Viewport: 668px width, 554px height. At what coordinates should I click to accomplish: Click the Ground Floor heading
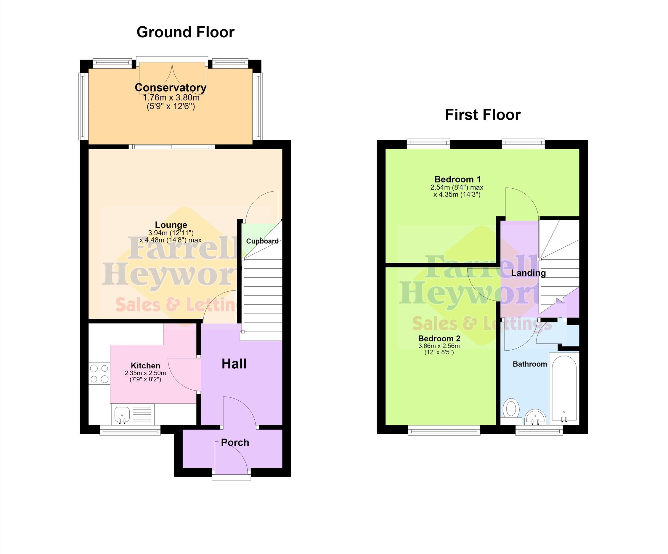pos(185,32)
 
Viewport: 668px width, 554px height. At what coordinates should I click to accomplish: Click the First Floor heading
pos(483,115)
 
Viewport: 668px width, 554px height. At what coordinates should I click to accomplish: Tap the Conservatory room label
pos(171,87)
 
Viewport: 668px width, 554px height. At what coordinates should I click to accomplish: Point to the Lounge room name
pos(171,225)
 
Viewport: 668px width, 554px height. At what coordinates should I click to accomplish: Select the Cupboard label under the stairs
pos(262,241)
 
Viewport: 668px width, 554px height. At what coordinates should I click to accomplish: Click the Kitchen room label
pos(145,366)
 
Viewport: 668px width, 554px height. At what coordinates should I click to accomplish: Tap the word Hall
pos(234,364)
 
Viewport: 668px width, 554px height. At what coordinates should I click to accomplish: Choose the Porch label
pos(235,442)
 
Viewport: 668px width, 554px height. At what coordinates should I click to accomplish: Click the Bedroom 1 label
pos(458,179)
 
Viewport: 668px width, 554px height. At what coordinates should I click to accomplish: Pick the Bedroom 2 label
pos(439,338)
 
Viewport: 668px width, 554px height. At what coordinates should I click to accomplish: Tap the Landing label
pos(528,273)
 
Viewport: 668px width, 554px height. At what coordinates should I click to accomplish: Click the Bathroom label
pos(530,364)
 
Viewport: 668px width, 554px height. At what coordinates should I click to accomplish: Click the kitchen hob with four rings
pos(99,374)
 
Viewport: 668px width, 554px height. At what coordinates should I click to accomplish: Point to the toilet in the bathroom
pos(511,411)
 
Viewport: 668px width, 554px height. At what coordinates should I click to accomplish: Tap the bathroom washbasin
pos(535,417)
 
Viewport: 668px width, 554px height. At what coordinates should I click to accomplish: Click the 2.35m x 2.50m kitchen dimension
pos(145,373)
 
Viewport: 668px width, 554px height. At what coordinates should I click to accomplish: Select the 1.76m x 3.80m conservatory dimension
pos(171,97)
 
